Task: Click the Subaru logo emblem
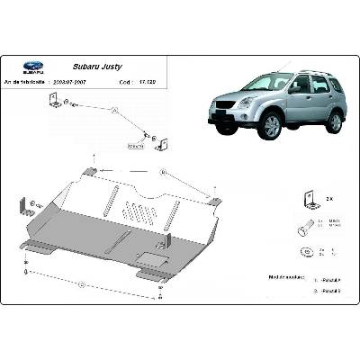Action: [x=32, y=66]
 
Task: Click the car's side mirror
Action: [x=294, y=90]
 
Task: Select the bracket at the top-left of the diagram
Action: [x=56, y=105]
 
